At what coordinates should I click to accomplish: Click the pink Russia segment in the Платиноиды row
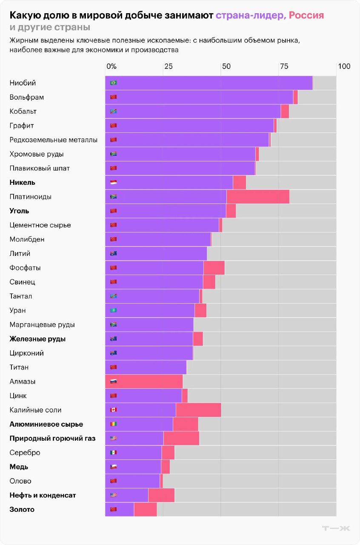(x=258, y=197)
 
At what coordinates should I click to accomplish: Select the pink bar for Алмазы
(x=144, y=381)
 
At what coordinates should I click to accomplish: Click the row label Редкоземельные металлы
(x=54, y=140)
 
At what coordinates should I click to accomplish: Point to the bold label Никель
(x=23, y=182)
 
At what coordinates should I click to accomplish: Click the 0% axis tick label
(x=111, y=66)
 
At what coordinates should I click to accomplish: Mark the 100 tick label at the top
(x=344, y=66)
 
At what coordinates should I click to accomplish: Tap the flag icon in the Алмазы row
(x=113, y=381)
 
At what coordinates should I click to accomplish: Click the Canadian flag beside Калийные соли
(x=113, y=410)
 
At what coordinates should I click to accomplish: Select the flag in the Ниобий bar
(x=113, y=83)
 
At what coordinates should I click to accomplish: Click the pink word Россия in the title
(x=306, y=15)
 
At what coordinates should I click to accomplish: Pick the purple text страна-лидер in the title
(x=250, y=15)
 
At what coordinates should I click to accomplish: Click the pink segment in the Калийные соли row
(x=198, y=410)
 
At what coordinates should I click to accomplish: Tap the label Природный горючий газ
(x=53, y=438)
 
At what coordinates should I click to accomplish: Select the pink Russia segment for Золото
(x=146, y=509)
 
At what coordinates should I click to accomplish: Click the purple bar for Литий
(x=162, y=253)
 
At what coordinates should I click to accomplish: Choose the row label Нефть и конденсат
(x=43, y=495)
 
